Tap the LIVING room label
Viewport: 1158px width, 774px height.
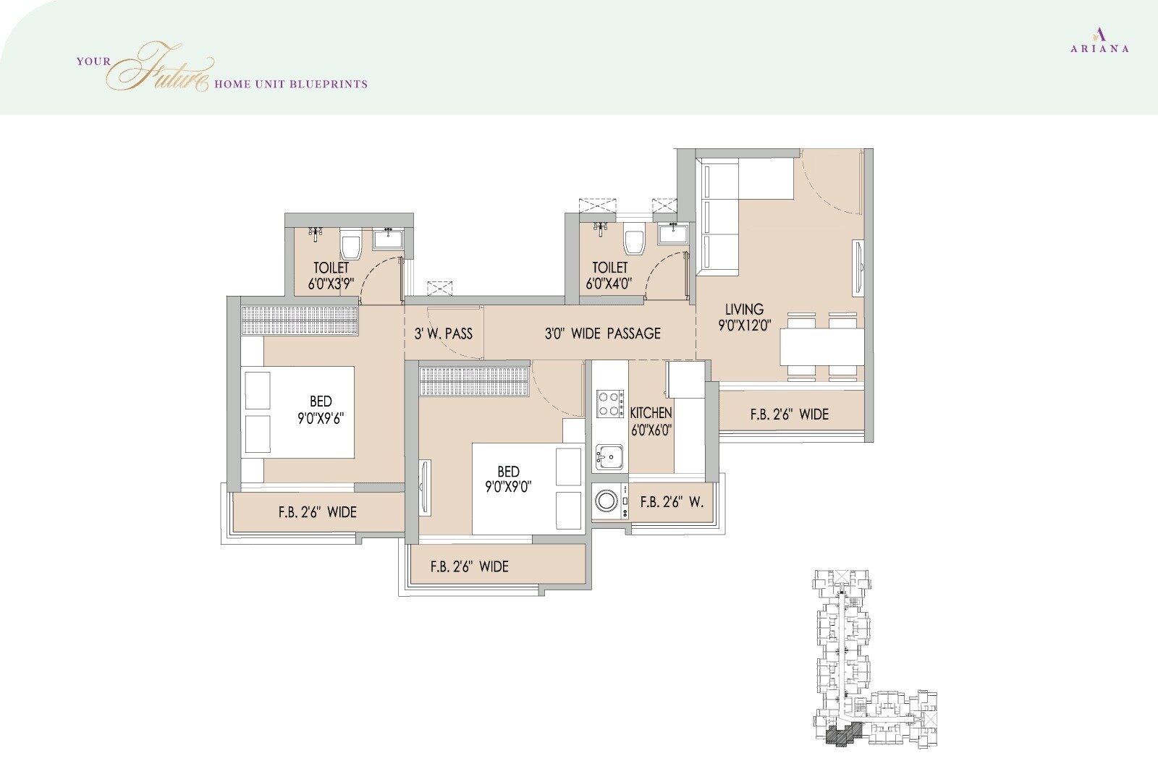744,310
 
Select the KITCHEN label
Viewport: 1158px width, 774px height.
651,413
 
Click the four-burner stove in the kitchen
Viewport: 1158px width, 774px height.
610,404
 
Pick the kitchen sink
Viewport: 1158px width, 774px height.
609,457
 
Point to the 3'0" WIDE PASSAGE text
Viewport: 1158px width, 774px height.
602,333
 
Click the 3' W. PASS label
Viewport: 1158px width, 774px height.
443,333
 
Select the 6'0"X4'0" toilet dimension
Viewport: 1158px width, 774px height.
609,284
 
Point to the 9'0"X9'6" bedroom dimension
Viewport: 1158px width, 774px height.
321,418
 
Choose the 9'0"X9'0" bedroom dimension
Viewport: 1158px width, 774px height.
509,488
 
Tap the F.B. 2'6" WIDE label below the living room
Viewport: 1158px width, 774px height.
789,414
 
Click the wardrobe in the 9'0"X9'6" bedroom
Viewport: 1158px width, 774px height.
300,320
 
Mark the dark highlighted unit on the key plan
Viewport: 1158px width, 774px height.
840,737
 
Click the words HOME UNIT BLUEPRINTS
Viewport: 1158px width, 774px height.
291,84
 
